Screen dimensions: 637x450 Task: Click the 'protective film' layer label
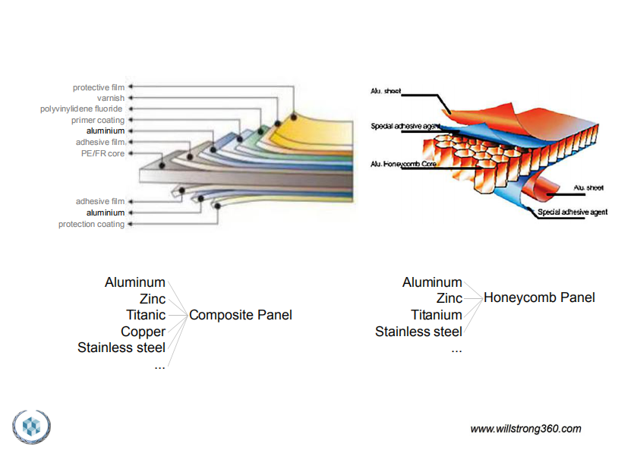pos(99,87)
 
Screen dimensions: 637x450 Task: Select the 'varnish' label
pos(111,99)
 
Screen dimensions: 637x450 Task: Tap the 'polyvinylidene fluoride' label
pos(81,109)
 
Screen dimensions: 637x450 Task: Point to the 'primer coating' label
pos(98,120)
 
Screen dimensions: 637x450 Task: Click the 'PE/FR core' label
pos(102,153)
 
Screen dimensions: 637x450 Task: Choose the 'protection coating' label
pos(91,224)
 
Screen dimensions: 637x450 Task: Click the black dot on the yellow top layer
pos(293,117)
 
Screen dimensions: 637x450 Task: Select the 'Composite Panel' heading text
pos(241,315)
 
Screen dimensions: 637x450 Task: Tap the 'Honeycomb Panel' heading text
pos(539,297)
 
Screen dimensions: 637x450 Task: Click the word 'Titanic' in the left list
pos(146,315)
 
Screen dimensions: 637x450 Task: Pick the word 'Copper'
pos(143,332)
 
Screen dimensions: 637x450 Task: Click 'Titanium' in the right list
pos(437,315)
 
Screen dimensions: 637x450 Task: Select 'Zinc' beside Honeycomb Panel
pos(449,298)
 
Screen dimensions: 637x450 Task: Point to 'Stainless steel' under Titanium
pos(418,332)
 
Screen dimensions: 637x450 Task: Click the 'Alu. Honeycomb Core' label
pos(403,164)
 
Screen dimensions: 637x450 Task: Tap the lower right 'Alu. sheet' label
pos(588,187)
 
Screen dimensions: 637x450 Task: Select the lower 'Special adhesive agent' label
pos(572,212)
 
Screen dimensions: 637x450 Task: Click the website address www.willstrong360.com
pos(525,429)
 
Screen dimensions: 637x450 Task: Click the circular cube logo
pos(31,426)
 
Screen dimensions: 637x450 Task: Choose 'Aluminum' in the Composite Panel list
pos(135,282)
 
